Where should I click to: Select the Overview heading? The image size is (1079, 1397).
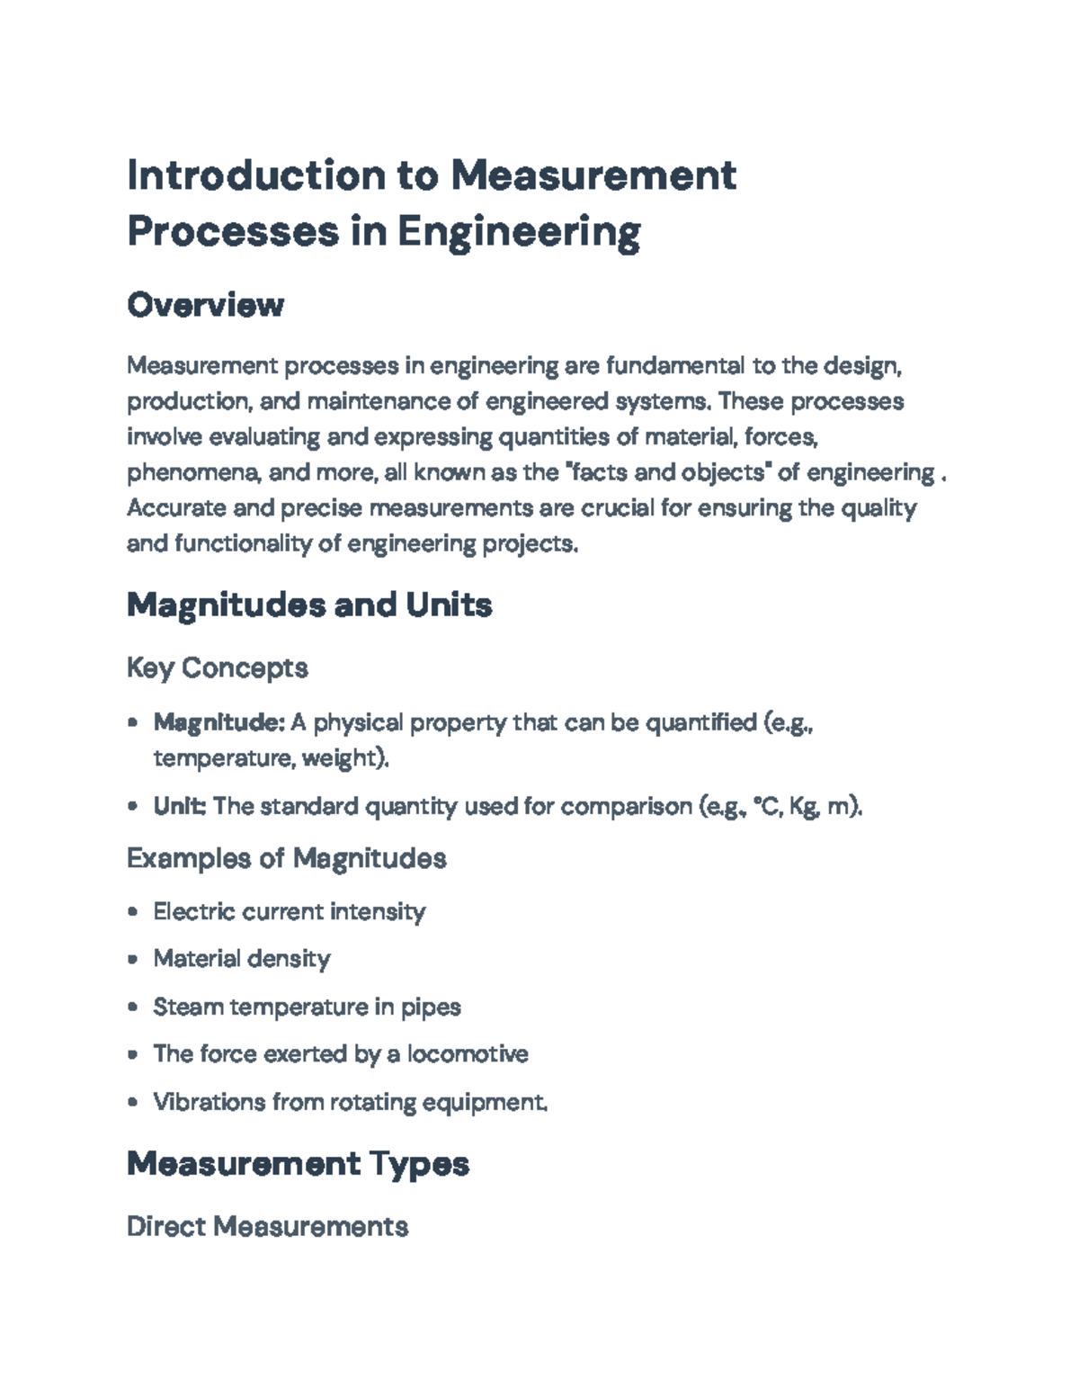(x=205, y=305)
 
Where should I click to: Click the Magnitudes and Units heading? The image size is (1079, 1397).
(x=309, y=604)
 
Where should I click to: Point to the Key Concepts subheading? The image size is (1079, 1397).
(x=218, y=667)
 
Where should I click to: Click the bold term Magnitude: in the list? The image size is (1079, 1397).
(x=218, y=722)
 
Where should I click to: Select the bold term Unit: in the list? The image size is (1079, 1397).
(x=180, y=806)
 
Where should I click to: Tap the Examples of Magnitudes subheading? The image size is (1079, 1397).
(x=287, y=858)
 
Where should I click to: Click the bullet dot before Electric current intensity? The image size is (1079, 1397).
(x=133, y=911)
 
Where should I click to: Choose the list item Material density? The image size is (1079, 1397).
(x=242, y=959)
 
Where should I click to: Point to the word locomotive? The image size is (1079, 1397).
(x=468, y=1053)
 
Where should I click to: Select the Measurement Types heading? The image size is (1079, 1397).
(x=298, y=1164)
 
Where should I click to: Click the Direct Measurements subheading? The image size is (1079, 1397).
(x=267, y=1226)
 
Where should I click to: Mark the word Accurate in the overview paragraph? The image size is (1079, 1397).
(x=175, y=508)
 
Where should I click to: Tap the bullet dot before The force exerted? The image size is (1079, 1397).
(x=133, y=1053)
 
